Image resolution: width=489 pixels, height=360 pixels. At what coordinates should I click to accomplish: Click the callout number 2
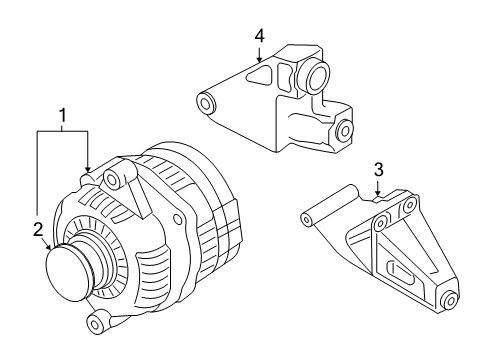pos(37,229)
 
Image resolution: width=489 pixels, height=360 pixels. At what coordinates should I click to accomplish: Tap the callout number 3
pos(379,169)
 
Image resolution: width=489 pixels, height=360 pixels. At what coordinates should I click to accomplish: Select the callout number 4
pos(259,35)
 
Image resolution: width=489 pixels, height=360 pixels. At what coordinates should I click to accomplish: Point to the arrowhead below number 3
pos(379,192)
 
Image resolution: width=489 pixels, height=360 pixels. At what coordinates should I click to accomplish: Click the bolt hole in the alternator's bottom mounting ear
pos(98,323)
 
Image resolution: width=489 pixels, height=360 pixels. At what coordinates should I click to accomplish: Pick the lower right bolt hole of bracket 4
pos(345,129)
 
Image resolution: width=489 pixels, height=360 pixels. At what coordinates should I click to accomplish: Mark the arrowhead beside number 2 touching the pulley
pos(46,247)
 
